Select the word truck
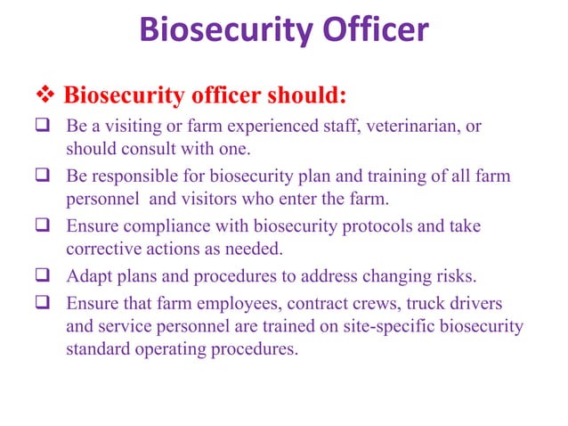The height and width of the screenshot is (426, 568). coord(418,304)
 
